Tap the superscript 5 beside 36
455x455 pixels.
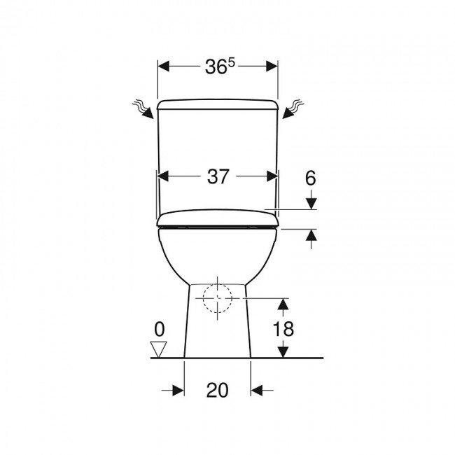[x=231, y=63]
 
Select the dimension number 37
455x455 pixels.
[x=218, y=176]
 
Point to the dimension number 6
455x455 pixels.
[x=311, y=178]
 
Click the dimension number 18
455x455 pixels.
[x=283, y=329]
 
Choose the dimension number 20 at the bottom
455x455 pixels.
[x=217, y=390]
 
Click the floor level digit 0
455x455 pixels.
[x=160, y=329]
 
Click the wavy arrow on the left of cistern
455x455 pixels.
[x=143, y=109]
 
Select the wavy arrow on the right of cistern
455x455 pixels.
[x=293, y=109]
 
